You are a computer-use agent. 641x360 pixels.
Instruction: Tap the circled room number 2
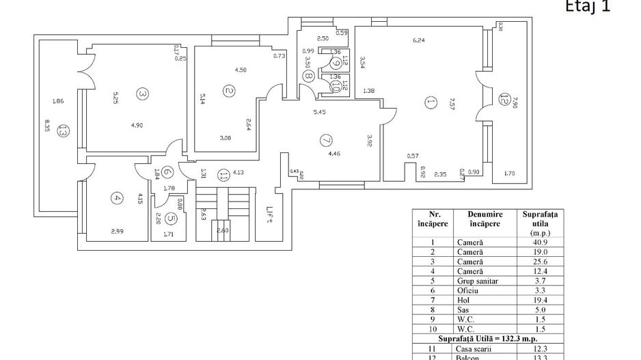pyautogui.click(x=230, y=91)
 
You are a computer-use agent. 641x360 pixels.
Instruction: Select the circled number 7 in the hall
pyautogui.click(x=326, y=140)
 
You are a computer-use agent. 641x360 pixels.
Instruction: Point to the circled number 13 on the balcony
pyautogui.click(x=62, y=130)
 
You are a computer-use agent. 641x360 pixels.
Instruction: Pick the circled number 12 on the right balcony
pyautogui.click(x=504, y=100)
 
